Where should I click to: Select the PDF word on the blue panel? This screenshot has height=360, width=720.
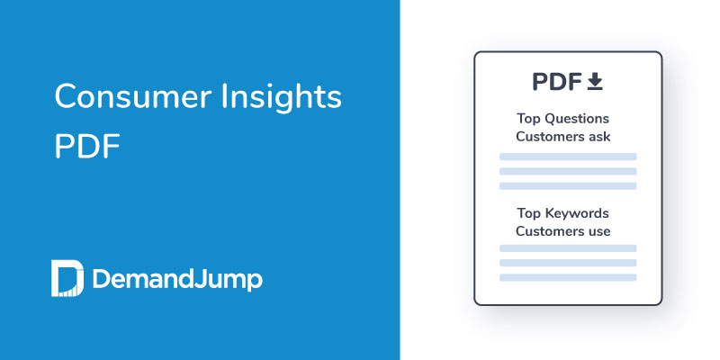pyautogui.click(x=87, y=146)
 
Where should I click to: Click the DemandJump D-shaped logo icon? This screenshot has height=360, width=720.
pyautogui.click(x=67, y=279)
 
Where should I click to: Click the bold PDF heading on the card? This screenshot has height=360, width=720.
pyautogui.click(x=556, y=82)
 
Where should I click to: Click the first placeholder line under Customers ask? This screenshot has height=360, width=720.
pyautogui.click(x=568, y=157)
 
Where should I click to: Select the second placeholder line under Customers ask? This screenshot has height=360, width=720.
pyautogui.click(x=568, y=171)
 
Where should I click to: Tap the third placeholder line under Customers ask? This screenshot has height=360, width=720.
pyautogui.click(x=568, y=185)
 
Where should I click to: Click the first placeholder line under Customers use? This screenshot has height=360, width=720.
pyautogui.click(x=568, y=247)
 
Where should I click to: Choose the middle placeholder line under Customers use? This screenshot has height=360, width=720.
pyautogui.click(x=568, y=263)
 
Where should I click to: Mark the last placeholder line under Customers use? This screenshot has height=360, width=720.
pyautogui.click(x=568, y=277)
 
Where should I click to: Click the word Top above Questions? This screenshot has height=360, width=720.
pyautogui.click(x=528, y=119)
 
